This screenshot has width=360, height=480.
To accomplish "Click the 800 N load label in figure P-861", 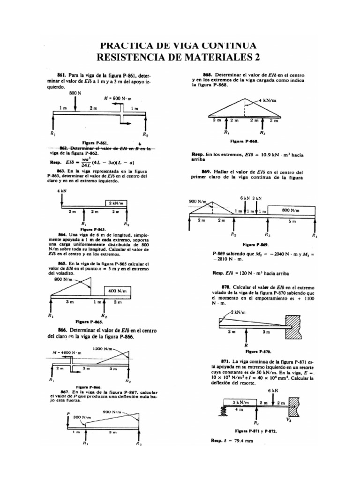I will (75, 94).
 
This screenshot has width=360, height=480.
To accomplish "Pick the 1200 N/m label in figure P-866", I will (103, 349).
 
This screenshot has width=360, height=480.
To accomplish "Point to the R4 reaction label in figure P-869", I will (315, 236).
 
